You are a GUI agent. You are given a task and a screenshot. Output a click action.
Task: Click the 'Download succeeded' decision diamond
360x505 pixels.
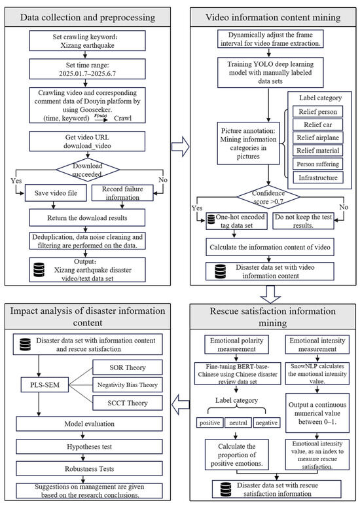click(88, 170)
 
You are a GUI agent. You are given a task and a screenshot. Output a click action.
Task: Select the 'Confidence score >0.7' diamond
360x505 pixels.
click(268, 196)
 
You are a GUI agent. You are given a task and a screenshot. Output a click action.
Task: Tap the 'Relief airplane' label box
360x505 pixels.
click(318, 138)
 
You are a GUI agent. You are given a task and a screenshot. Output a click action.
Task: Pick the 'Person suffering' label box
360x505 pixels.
click(318, 164)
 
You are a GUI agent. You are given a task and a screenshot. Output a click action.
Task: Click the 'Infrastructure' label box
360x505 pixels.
click(318, 178)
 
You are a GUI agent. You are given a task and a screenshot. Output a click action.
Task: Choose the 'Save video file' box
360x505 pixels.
click(56, 193)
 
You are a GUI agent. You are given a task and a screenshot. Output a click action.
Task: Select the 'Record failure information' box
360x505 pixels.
click(122, 193)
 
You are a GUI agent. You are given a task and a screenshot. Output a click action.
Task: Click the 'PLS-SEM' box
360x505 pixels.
click(45, 384)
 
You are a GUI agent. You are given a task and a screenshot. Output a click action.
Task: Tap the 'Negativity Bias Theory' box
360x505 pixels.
click(128, 384)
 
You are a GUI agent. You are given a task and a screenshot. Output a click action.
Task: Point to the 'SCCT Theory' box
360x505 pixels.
click(128, 403)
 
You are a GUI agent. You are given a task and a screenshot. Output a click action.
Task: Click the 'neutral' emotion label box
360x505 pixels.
click(238, 422)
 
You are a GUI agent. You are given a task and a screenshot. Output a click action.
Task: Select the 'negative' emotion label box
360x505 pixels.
click(266, 422)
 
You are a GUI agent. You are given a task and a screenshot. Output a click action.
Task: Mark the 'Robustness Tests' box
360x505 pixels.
click(89, 468)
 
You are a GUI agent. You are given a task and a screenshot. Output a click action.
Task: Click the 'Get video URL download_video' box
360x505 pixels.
click(87, 141)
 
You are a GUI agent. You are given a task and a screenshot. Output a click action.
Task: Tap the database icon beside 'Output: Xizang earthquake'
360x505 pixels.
click(39, 270)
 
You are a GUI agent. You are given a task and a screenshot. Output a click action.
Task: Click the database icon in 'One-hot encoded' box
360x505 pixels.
click(211, 219)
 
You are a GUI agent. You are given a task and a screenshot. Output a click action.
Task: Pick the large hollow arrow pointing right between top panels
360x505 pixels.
click(181, 147)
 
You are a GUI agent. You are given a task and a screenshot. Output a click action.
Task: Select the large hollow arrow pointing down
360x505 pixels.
click(270, 294)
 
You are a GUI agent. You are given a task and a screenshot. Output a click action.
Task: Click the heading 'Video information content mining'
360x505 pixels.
click(273, 17)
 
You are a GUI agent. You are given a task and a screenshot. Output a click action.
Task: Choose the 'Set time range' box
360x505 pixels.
click(87, 69)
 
